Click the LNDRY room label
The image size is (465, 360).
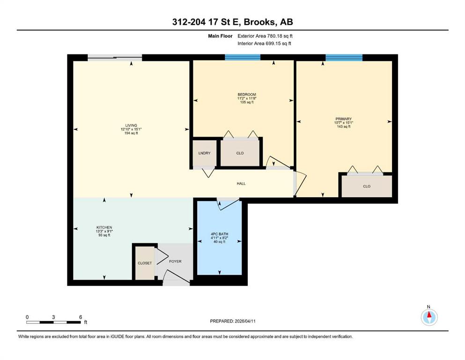pyautogui.click(x=204, y=153)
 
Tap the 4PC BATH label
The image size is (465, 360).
pyautogui.click(x=220, y=234)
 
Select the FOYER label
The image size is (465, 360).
pyautogui.click(x=175, y=262)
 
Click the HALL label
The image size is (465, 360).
pyautogui.click(x=241, y=184)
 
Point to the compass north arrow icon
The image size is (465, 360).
pyautogui.click(x=429, y=317)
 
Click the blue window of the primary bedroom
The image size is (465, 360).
pyautogui.click(x=344, y=58)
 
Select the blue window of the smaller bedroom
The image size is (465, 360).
pyautogui.click(x=243, y=57)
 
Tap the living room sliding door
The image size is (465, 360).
pyautogui.click(x=115, y=58)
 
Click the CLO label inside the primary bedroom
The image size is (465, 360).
pyautogui.click(x=367, y=187)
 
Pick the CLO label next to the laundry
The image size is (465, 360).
pyautogui.click(x=240, y=153)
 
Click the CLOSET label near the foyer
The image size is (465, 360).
pyautogui.click(x=145, y=263)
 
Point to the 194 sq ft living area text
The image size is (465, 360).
pyautogui.click(x=131, y=133)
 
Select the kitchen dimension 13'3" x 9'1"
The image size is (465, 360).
pyautogui.click(x=104, y=231)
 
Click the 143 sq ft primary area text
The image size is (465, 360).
pyautogui.click(x=344, y=127)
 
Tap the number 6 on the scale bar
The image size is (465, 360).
pyautogui.click(x=81, y=317)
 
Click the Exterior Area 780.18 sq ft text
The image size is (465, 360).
pyautogui.click(x=265, y=36)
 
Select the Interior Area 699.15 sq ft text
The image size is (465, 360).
pyautogui.click(x=264, y=44)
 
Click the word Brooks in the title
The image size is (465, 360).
pyautogui.click(x=261, y=22)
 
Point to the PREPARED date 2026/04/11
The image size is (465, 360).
pyautogui.click(x=245, y=321)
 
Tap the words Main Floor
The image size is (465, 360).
pyautogui.click(x=220, y=36)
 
